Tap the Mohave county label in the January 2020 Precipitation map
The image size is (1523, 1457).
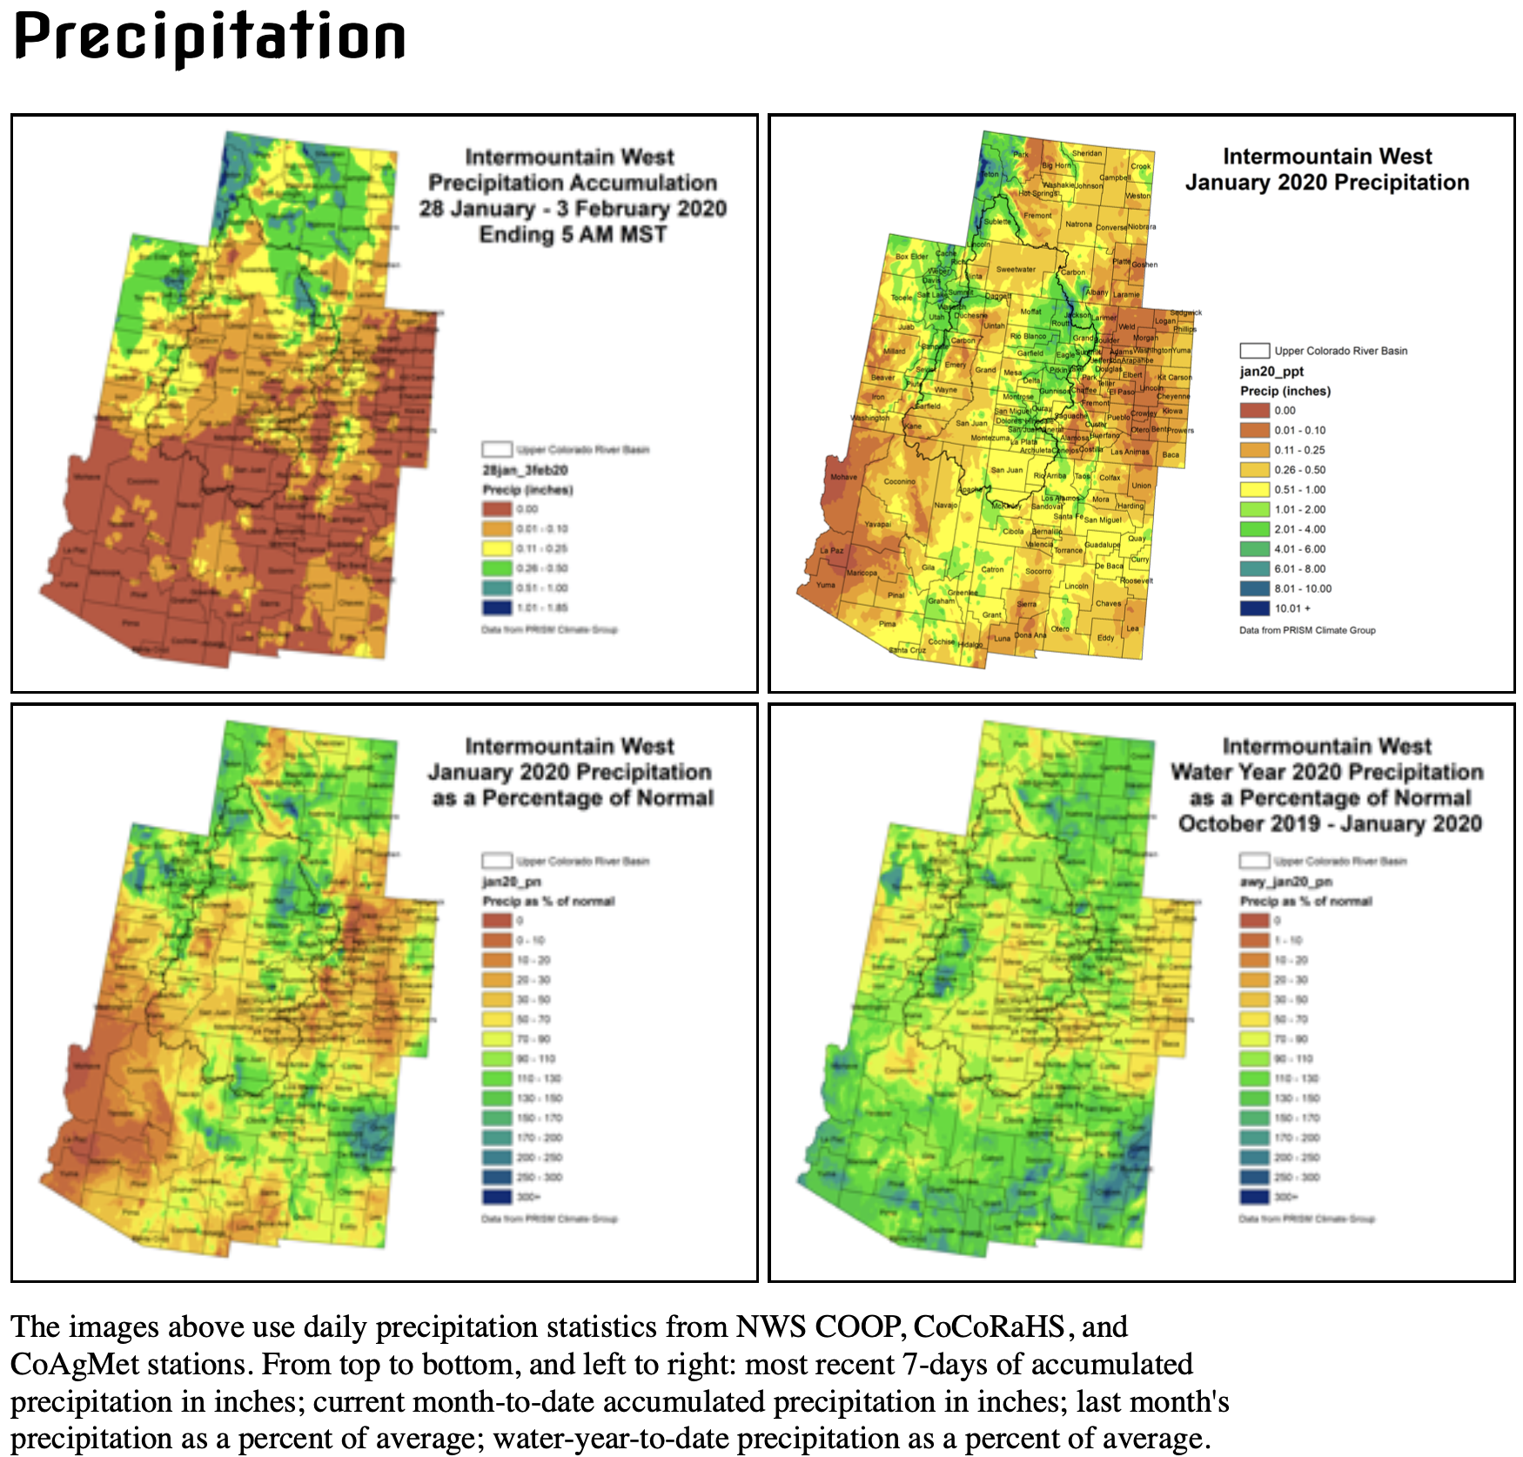(843, 477)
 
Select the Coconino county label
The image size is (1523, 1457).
(899, 481)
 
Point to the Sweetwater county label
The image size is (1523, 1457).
(1016, 270)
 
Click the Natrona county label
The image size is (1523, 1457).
(1078, 225)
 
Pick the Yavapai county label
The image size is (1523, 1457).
(877, 524)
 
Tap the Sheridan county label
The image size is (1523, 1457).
(1086, 153)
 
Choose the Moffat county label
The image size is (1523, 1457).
(1030, 312)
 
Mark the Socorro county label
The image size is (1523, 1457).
(1038, 572)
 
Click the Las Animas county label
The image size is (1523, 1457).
(1130, 452)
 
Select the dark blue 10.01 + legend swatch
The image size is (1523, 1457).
(1254, 608)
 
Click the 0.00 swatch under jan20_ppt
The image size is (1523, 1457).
(1254, 411)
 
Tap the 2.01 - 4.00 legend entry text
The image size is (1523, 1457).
(1299, 529)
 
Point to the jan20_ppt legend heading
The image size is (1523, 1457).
(1271, 372)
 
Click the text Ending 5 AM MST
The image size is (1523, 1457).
(573, 235)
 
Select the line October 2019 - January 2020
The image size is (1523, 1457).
(1329, 823)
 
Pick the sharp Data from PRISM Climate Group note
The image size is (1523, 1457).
(1307, 630)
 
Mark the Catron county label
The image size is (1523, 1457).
(992, 570)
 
